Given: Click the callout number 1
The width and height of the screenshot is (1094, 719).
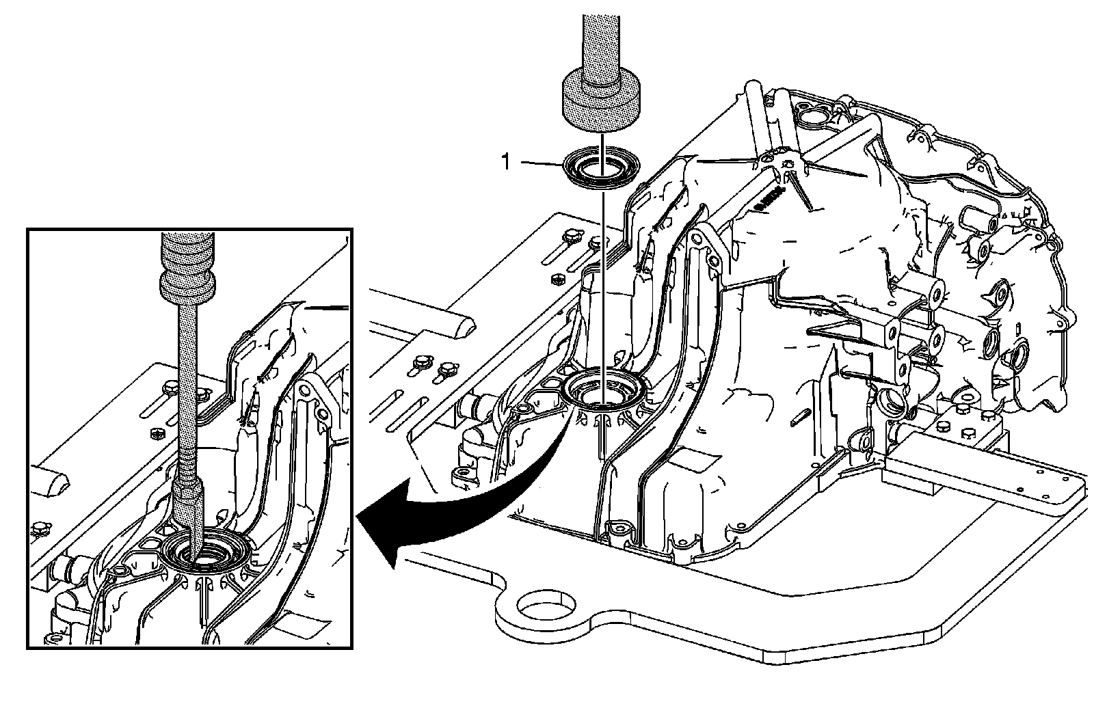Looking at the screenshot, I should [x=506, y=162].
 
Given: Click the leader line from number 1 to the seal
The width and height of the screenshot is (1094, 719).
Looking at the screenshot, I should [x=544, y=163].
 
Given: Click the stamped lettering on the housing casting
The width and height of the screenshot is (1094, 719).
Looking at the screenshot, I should [x=767, y=199].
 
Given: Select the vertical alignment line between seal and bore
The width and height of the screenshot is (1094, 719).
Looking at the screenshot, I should [x=602, y=273].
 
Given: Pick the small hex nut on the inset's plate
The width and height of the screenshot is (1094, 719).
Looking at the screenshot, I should [x=156, y=434].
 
